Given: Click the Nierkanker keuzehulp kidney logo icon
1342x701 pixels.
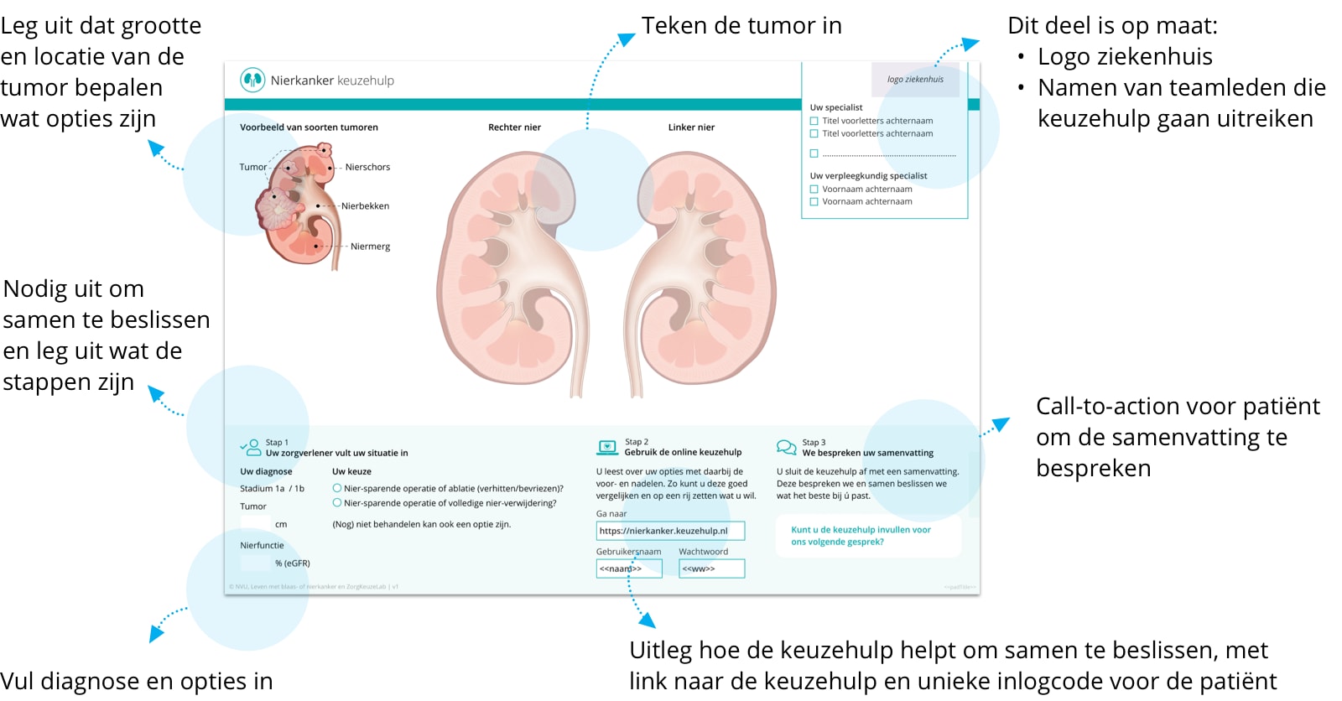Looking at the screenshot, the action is [252, 80].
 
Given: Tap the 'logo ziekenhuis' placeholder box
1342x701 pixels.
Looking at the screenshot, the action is [915, 80].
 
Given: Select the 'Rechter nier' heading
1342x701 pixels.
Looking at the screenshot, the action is [514, 127].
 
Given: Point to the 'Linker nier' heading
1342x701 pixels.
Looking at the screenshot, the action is [691, 127].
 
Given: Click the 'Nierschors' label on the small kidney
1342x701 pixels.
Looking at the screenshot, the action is [367, 167].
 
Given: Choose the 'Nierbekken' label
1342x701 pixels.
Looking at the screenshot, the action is [365, 206].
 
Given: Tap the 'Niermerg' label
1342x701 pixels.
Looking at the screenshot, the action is [370, 247].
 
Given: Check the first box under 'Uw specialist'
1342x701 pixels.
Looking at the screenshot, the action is [814, 121].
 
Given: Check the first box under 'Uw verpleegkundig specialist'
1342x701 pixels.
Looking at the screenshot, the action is [814, 190].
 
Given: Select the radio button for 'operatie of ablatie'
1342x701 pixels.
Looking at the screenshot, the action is [337, 488].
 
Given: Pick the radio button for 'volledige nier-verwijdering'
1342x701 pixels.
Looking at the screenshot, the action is [337, 503].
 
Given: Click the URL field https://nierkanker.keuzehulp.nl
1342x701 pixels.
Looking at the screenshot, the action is [669, 531].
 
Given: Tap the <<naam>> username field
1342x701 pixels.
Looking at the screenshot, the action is [628, 569].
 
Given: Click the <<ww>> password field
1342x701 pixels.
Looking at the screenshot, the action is [711, 569].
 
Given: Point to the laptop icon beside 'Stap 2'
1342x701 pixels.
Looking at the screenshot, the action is [607, 448].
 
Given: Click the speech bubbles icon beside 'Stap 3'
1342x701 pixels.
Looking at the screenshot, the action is [786, 448].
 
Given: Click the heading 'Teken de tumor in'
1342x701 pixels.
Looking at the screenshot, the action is [741, 26].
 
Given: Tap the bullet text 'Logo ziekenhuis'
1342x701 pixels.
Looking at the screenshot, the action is [1125, 57].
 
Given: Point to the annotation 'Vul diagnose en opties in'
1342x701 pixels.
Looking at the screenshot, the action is [137, 681].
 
